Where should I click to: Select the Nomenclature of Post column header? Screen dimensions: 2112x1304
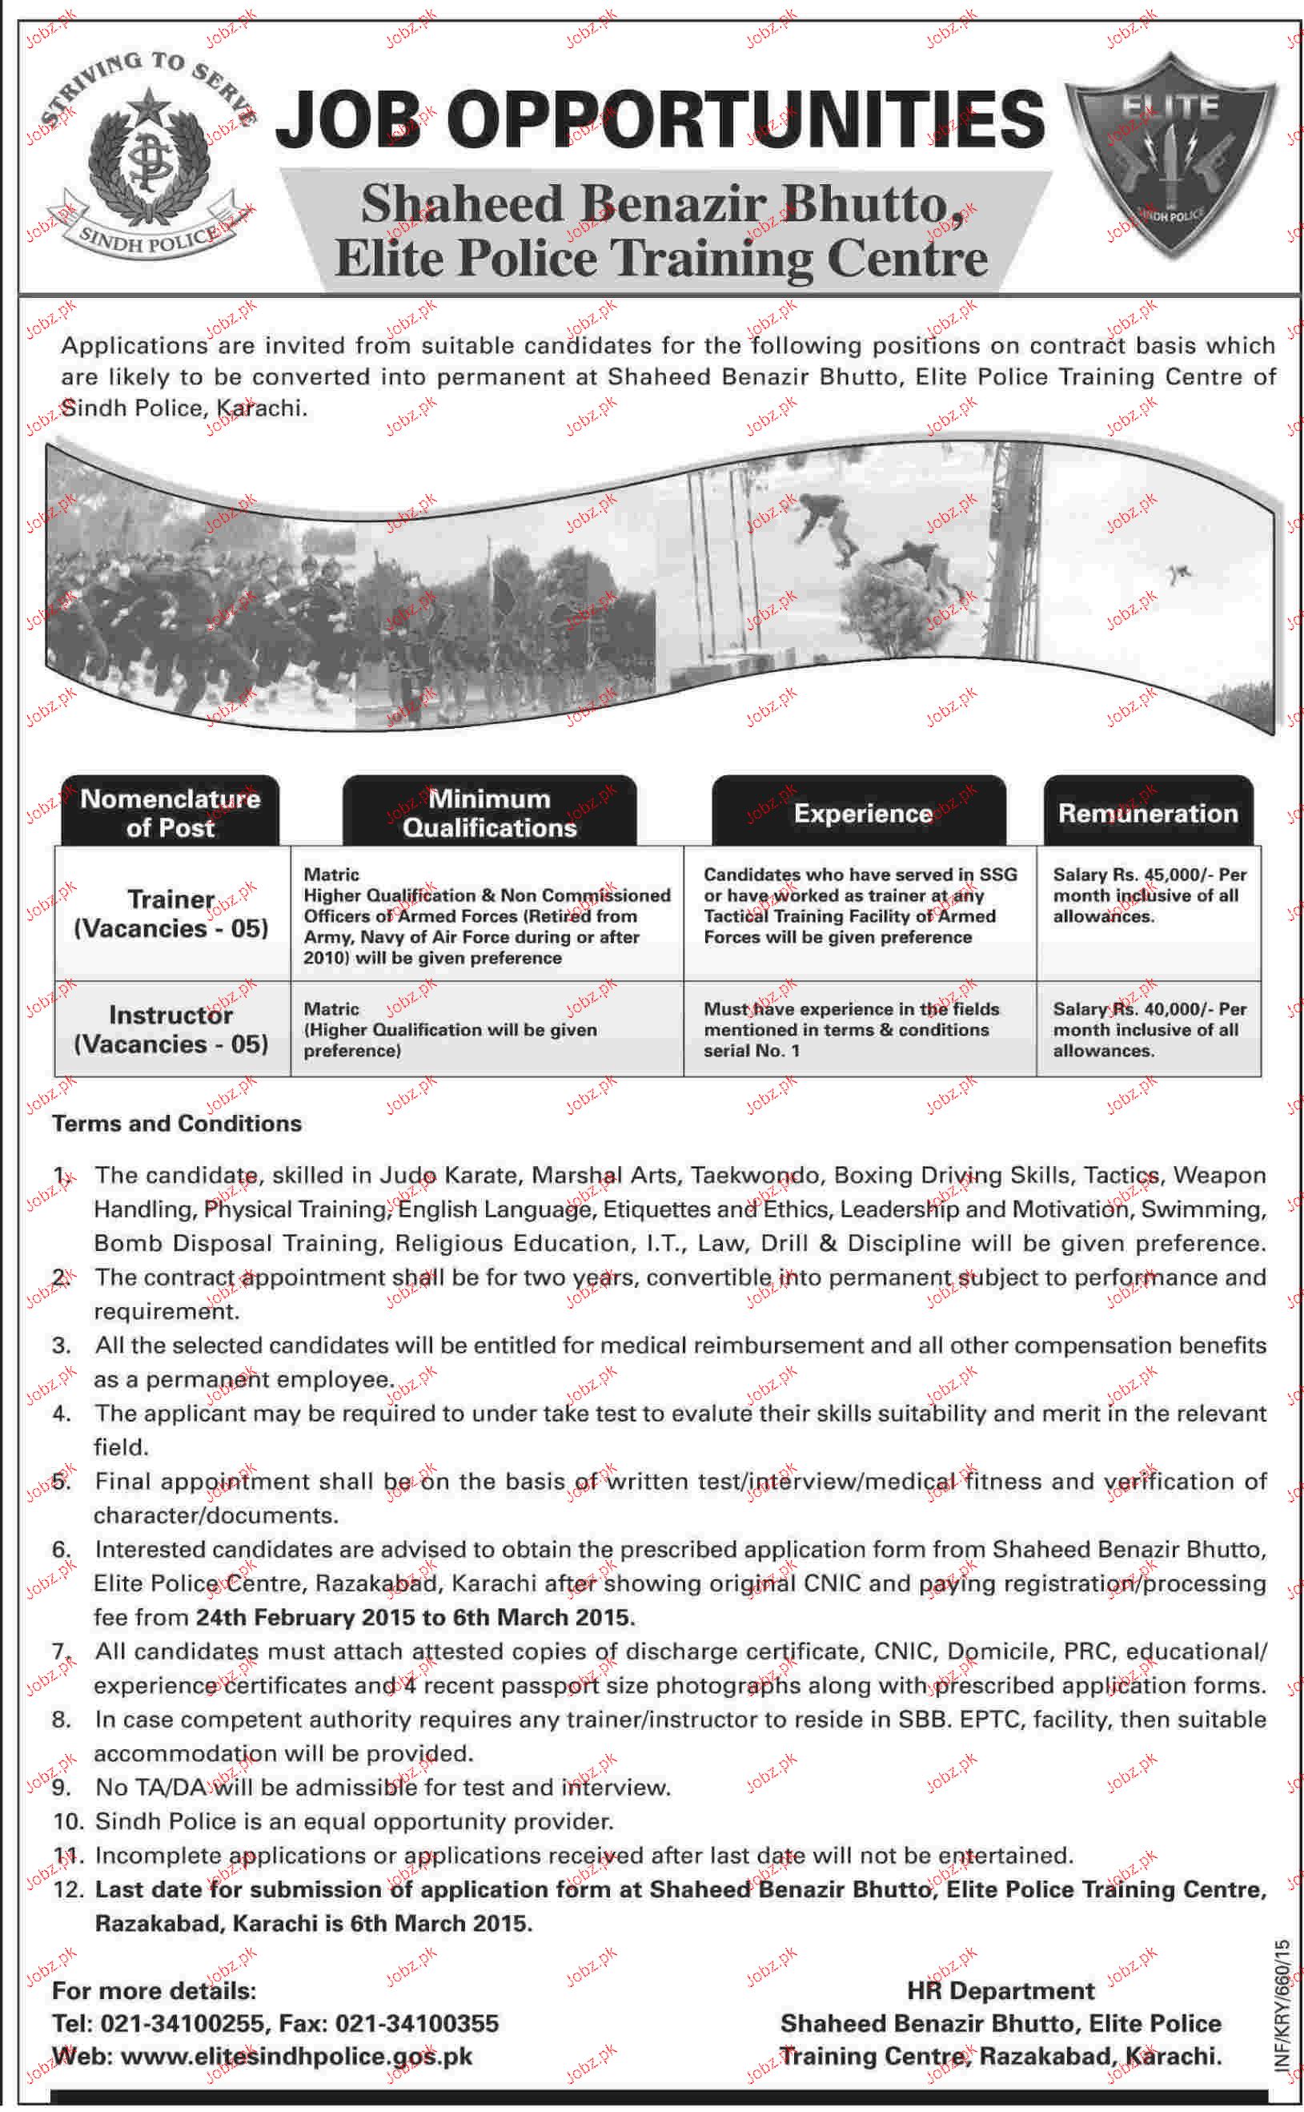click(x=170, y=812)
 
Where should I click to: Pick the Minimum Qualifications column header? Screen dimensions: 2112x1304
click(x=489, y=812)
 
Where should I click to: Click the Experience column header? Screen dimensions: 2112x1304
click(x=861, y=813)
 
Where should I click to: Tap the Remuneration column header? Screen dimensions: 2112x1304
click(x=1147, y=813)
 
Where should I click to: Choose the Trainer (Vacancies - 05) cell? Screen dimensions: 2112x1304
click(x=171, y=913)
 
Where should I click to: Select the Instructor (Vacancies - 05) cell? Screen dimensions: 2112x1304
click(x=171, y=1028)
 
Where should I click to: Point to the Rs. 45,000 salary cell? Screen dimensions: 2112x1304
click(x=1149, y=895)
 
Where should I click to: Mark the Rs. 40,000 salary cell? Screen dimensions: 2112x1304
click(x=1149, y=1028)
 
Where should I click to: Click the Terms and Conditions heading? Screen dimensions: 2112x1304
click(x=177, y=1124)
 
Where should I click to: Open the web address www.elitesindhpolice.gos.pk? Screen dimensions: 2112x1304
click(x=296, y=2056)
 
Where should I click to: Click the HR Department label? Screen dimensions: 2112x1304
click(x=1001, y=1990)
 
